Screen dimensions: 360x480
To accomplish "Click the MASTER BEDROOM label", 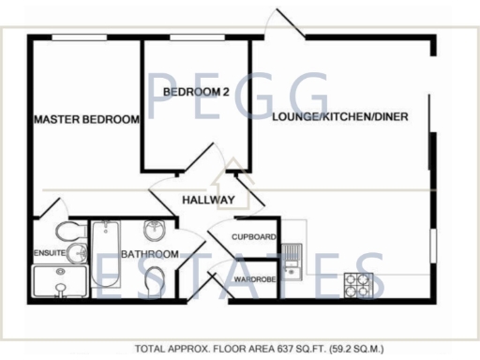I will pos(86,120).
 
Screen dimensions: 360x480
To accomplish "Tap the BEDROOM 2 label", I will pos(196,92).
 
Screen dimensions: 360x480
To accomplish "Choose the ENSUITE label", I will pos(49,253).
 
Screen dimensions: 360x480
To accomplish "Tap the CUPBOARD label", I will pos(254,237).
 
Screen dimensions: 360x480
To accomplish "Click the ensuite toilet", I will pos(67,232).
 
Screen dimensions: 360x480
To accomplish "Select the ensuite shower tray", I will pos(58,280).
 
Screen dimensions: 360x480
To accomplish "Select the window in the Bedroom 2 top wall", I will pos(196,37).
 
